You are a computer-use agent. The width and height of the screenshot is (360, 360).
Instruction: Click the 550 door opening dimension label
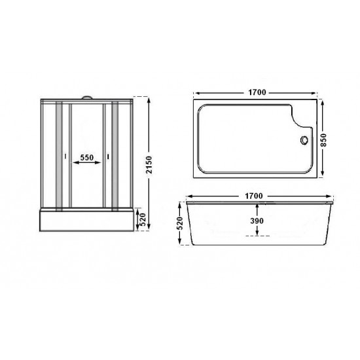(87, 158)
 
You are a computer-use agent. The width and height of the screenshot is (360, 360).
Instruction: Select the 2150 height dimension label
(149, 164)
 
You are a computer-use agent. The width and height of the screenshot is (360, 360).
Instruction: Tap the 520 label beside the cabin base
(143, 220)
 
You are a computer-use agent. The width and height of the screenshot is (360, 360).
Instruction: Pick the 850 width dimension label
(323, 140)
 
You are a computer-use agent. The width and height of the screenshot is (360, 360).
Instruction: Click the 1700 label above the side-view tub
(253, 196)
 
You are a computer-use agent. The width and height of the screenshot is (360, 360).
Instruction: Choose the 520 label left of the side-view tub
(181, 223)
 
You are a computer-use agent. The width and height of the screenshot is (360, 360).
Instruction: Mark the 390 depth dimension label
(257, 221)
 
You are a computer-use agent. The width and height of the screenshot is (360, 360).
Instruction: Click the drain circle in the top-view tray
(304, 140)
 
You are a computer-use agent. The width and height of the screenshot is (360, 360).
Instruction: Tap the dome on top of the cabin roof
(86, 98)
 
